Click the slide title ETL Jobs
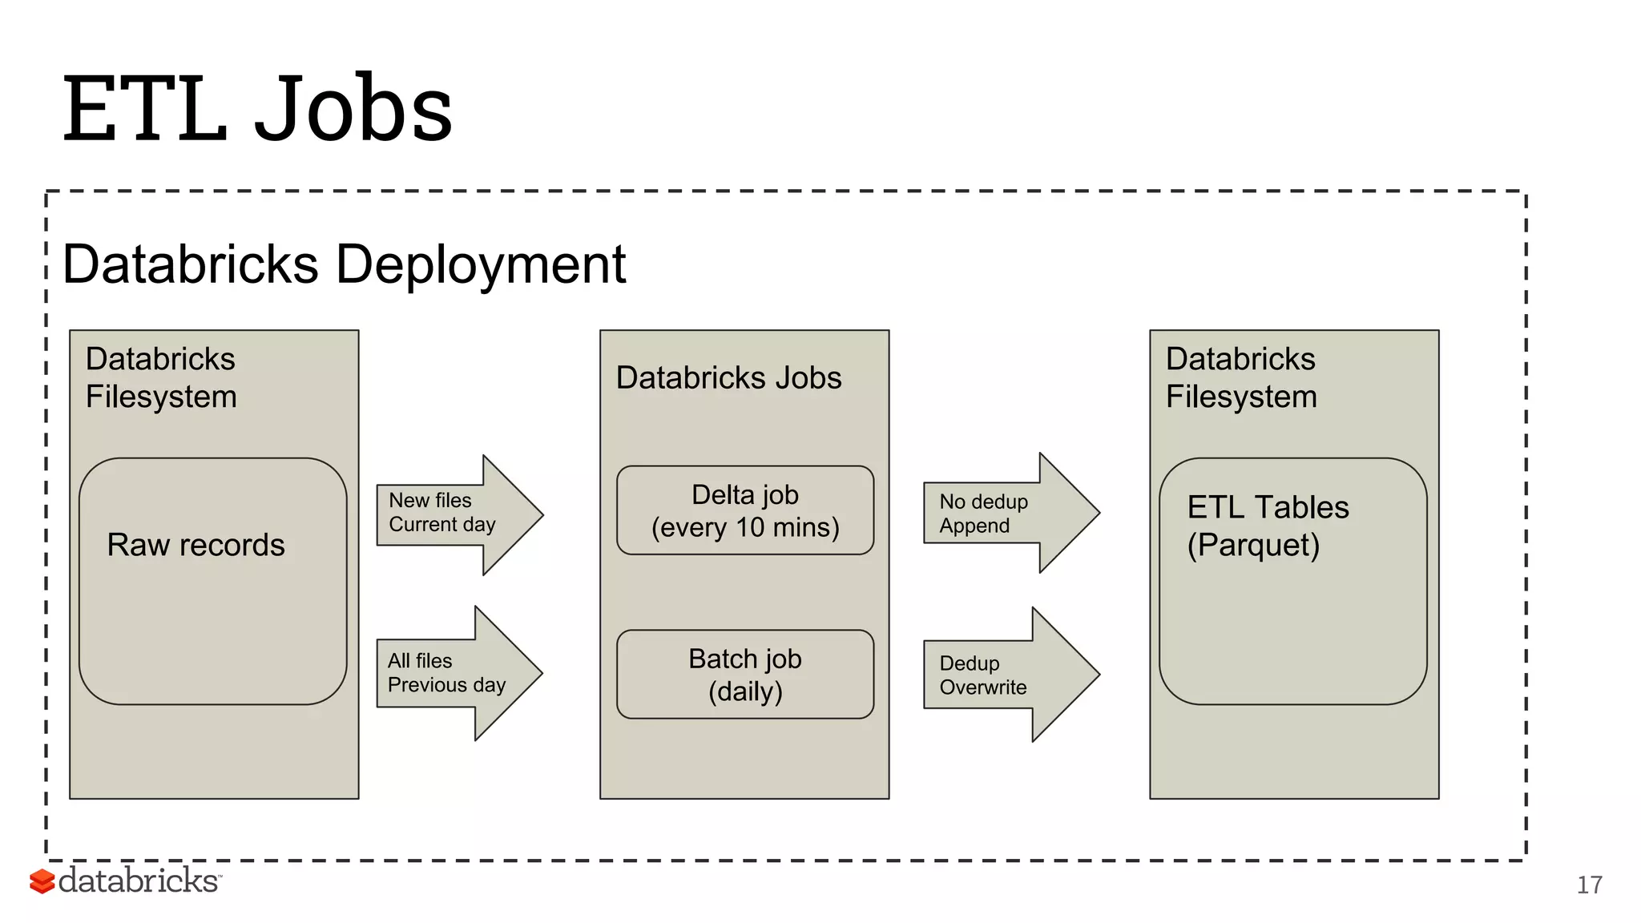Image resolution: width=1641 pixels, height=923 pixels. pos(258,108)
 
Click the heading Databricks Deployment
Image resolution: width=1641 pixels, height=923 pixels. pos(344,264)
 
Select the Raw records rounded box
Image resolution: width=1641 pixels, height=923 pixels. pos(212,609)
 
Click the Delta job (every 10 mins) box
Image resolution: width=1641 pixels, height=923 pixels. pos(744,510)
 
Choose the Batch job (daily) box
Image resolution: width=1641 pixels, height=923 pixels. pos(744,674)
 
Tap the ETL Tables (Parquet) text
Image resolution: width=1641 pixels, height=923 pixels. pos(1267,526)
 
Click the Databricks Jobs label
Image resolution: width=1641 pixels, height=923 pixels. pos(728,377)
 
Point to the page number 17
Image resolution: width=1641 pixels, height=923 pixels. pos(1589,885)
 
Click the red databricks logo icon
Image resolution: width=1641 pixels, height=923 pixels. pos(42,881)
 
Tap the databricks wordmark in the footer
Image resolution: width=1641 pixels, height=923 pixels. pos(138,881)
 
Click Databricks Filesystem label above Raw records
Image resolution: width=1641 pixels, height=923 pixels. pos(161,377)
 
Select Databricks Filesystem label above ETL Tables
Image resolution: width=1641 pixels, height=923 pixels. pos(1240,377)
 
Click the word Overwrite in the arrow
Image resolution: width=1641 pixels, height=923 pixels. pos(982,687)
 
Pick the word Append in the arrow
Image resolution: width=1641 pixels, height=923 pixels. pos(974,526)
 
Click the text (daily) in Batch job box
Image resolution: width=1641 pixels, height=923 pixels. pos(744,691)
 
